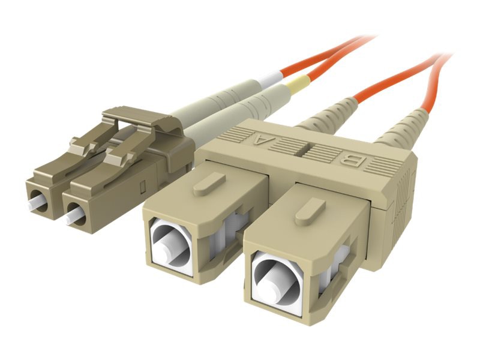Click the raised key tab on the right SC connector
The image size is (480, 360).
pyautogui.click(x=310, y=211)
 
